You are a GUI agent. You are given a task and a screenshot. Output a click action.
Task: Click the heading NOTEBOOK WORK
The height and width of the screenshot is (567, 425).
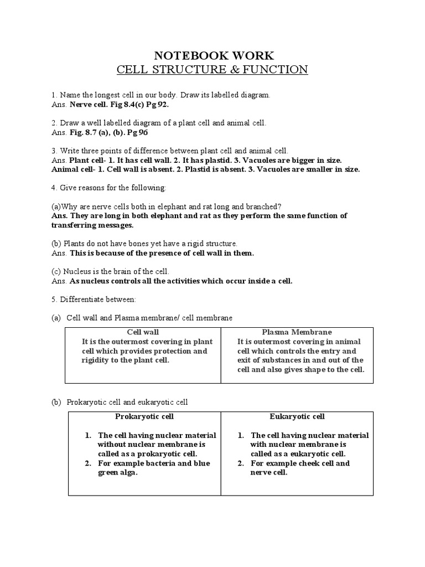212,55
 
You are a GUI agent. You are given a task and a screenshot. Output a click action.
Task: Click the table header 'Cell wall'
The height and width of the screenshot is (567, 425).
143,332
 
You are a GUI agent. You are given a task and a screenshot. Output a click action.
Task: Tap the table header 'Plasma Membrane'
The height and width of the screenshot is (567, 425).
297,332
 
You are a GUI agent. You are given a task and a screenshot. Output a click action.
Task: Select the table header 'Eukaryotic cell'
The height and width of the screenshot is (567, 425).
297,416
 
